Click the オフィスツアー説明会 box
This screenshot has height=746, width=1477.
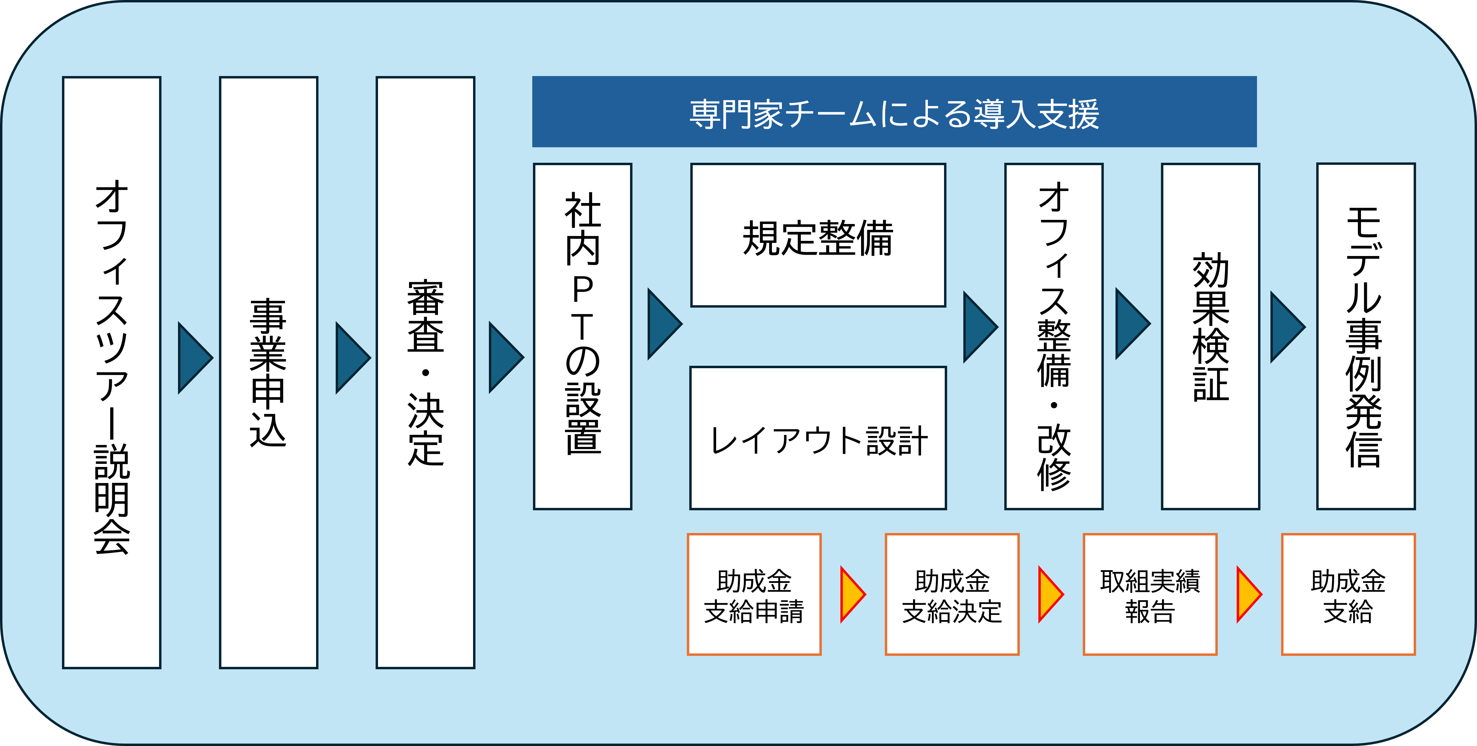112,372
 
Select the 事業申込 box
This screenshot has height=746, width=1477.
268,372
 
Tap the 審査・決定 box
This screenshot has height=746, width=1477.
426,372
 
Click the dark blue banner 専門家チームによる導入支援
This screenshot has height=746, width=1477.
894,112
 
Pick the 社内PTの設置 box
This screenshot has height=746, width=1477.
583,336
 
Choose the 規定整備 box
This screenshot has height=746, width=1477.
818,235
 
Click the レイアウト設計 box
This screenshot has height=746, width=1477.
818,438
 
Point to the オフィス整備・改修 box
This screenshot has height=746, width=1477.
1054,336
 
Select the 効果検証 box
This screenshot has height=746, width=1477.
1211,336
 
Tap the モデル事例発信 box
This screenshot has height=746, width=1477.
1366,336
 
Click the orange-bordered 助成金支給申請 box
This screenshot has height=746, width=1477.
754,594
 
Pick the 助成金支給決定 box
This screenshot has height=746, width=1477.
952,594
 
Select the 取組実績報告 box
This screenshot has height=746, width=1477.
1150,594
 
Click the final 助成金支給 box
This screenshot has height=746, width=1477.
1348,594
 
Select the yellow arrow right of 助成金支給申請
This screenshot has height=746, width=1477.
852,594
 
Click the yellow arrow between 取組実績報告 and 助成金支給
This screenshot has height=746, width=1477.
1248,594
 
